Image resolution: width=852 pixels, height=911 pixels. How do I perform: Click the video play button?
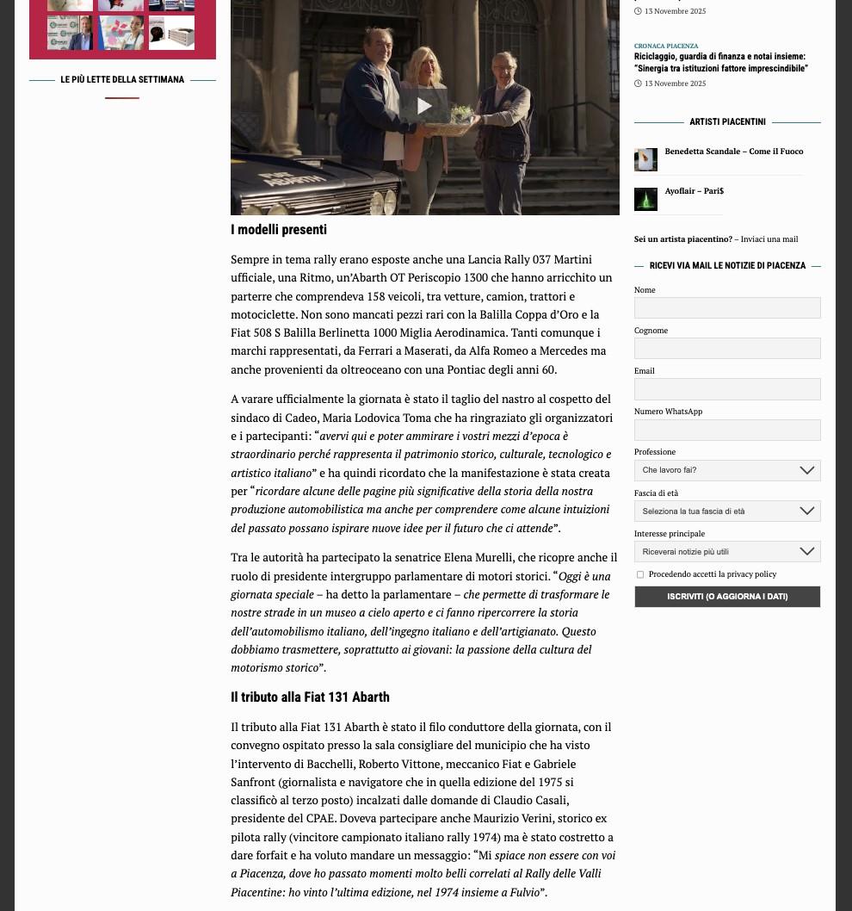424,106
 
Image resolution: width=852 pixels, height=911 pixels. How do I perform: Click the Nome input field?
727,308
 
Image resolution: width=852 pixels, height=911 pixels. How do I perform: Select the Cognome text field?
727,349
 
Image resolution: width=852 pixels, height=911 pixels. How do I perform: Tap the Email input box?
727,389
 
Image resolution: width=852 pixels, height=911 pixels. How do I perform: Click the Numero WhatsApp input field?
727,430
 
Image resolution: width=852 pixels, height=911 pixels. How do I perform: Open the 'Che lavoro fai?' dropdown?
727,470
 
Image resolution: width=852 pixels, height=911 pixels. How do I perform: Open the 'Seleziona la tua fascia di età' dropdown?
727,511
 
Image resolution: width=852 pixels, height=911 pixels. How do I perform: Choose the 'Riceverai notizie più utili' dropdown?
727,552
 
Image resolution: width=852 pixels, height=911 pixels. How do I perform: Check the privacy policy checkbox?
640,574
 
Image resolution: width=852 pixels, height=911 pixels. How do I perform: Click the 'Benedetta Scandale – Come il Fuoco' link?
733,152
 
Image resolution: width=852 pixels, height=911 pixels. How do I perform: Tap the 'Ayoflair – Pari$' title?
694,191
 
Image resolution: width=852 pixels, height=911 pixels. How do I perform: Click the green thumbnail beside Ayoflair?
645,200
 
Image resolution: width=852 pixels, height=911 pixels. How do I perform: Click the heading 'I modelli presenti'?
279,230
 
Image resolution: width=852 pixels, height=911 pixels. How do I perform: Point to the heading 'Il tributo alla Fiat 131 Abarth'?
310,697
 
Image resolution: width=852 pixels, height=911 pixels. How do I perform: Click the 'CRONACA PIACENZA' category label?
666,46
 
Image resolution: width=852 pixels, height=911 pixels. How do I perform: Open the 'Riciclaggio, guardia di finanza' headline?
720,63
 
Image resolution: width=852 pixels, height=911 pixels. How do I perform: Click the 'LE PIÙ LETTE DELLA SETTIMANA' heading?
122,80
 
